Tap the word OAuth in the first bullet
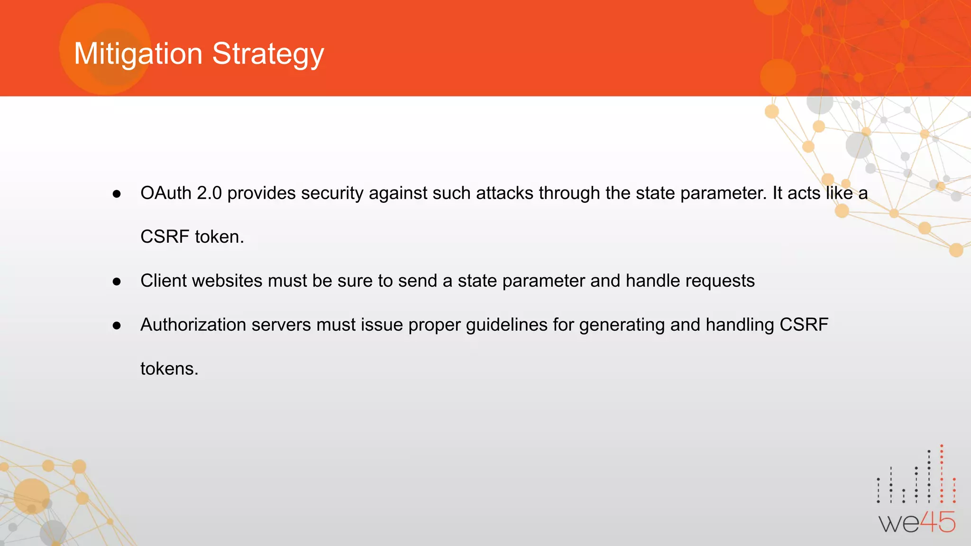[165, 193]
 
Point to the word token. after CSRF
[219, 237]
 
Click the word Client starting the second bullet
[164, 281]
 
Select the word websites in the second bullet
[227, 281]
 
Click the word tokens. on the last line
[169, 369]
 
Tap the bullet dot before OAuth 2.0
[117, 194]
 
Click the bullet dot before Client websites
[117, 282]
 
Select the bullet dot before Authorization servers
[117, 326]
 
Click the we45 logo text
[917, 523]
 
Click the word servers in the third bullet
[281, 325]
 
